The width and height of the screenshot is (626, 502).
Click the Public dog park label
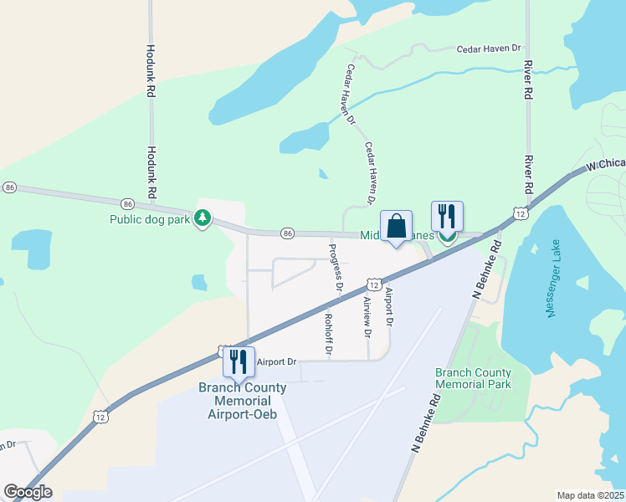[x=151, y=220]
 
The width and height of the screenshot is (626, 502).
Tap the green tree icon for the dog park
[x=202, y=218]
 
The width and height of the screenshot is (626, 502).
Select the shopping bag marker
[x=396, y=226]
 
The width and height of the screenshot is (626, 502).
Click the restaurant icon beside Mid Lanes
[x=447, y=217]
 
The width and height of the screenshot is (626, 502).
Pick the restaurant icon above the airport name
[x=239, y=361]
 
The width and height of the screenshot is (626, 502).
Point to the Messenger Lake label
[x=553, y=293]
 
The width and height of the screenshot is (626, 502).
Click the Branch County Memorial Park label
[x=473, y=377]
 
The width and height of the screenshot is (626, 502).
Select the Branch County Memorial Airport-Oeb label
[x=242, y=401]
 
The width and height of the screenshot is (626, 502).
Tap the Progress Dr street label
[x=336, y=265]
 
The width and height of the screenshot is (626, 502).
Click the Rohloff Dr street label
[x=328, y=332]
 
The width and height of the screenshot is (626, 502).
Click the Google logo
[x=28, y=492]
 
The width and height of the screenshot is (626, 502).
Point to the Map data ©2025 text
[x=590, y=495]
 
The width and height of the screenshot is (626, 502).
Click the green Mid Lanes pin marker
[x=448, y=236]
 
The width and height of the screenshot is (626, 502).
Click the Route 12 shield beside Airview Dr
[x=373, y=285]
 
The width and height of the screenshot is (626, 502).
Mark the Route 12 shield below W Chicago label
[x=521, y=213]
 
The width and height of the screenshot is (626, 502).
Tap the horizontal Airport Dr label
[x=276, y=362]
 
